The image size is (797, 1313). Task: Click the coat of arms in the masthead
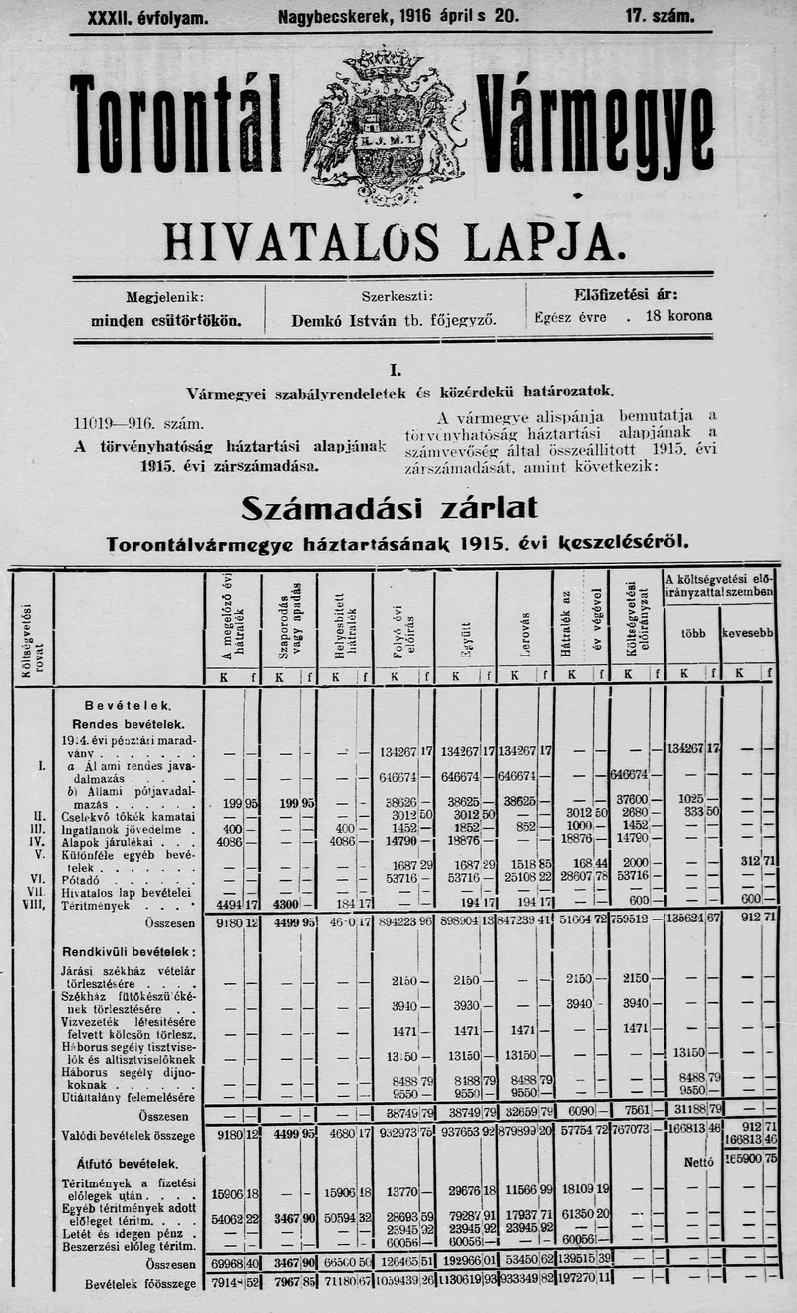[x=384, y=125]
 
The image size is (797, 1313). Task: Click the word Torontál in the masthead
[x=176, y=125]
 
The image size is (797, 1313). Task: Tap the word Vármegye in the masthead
[x=596, y=128]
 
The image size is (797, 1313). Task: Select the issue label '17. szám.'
[x=661, y=17]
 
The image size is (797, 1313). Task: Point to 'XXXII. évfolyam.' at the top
[x=148, y=17]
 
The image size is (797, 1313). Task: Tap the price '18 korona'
[x=679, y=315]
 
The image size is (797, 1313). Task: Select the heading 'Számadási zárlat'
[x=390, y=508]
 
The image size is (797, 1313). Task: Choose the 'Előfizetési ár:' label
[x=626, y=294]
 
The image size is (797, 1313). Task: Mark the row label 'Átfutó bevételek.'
[x=128, y=1163]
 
